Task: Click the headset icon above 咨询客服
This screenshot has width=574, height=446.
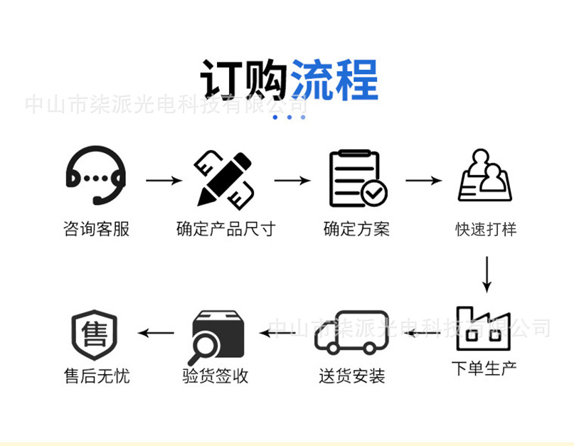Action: (96, 178)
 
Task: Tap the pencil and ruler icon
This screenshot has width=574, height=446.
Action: (223, 178)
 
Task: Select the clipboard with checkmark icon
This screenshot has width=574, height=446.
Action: (357, 179)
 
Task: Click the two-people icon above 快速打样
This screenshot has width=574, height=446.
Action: (485, 176)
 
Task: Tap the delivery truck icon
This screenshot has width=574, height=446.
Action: (351, 332)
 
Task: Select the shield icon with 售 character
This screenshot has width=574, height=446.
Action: (94, 333)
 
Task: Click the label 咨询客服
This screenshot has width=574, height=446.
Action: (97, 229)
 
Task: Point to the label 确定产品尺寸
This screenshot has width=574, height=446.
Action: (225, 229)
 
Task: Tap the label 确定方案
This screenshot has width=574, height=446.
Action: (356, 229)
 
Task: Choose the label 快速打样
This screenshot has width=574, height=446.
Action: (486, 229)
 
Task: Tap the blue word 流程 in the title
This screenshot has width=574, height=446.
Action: (334, 80)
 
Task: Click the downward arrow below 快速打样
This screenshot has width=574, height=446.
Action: (487, 274)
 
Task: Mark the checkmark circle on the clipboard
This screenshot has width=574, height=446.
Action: (373, 192)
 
